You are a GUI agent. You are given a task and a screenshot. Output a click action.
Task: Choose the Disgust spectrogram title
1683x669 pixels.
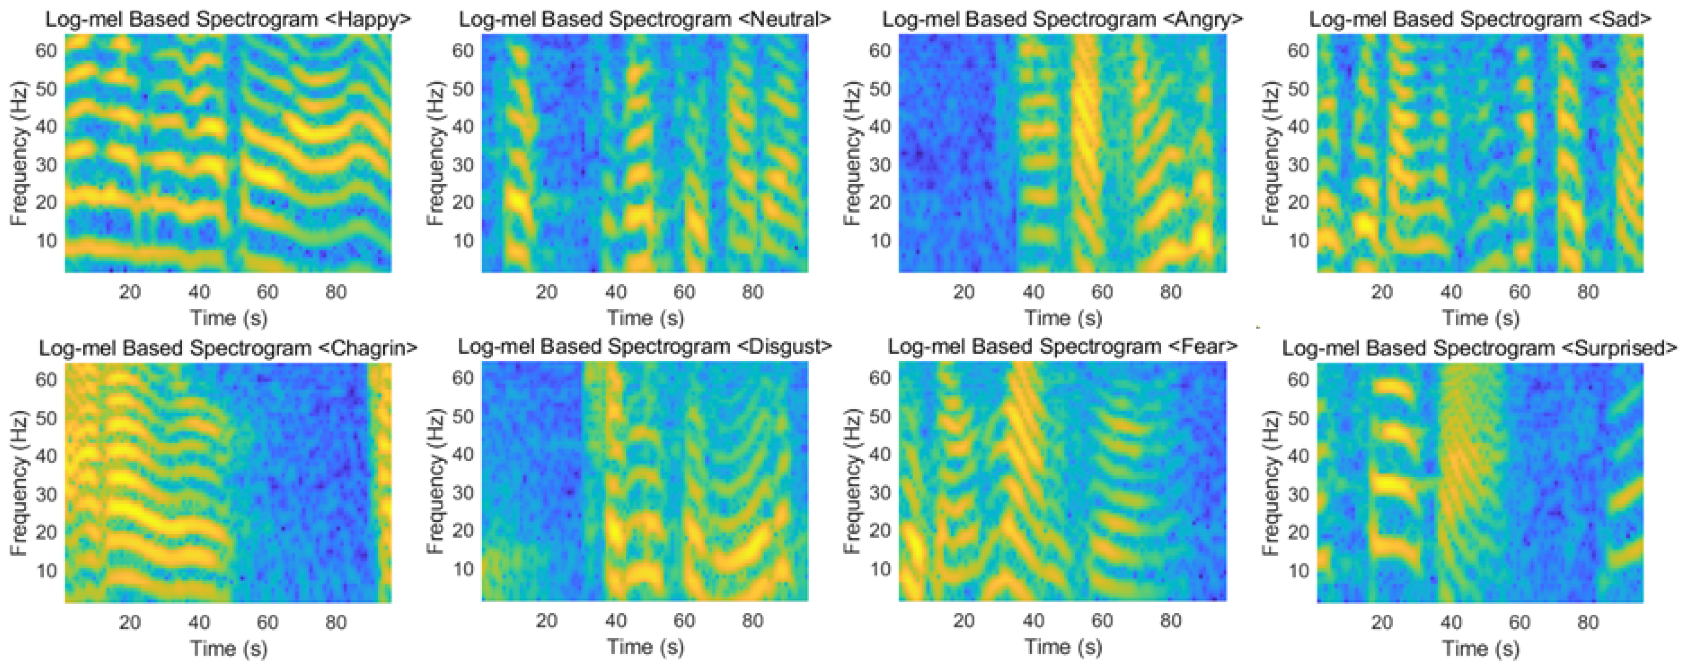[x=645, y=346]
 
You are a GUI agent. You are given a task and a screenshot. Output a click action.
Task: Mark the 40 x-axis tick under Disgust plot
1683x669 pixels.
[x=616, y=620]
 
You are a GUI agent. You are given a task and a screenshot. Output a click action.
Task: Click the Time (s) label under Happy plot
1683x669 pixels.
[x=229, y=318]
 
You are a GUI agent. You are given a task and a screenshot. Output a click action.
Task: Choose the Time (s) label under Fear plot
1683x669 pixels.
[x=1063, y=647]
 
